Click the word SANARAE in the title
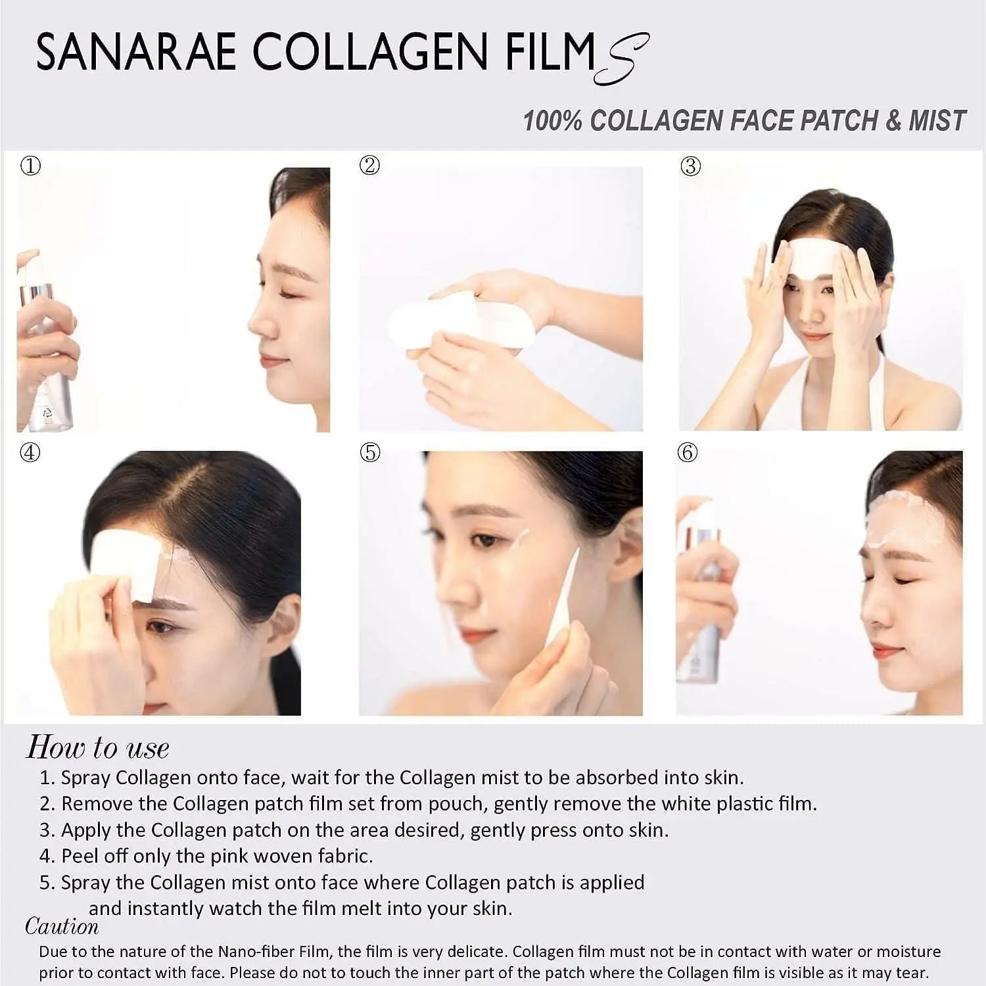point(136,52)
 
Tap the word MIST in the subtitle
point(937,121)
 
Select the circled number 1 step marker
point(31,165)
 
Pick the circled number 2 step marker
point(370,165)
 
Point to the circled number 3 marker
point(690,166)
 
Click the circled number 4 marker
point(30,452)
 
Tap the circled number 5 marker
point(371,452)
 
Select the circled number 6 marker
point(688,452)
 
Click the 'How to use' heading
point(98,747)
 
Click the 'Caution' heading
point(62,926)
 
